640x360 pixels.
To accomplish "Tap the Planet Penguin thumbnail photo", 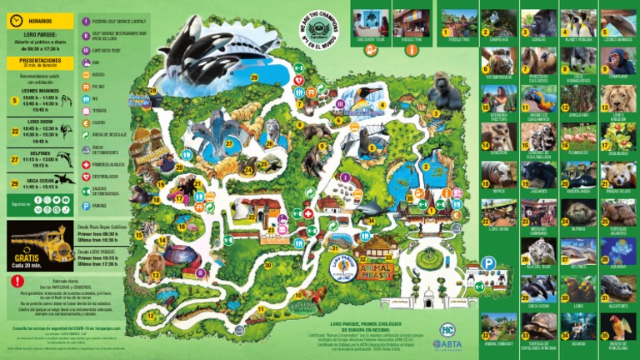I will [x=579, y=23].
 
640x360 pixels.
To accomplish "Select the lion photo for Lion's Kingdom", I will [x=617, y=98].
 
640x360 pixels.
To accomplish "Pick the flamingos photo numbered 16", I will [x=579, y=137].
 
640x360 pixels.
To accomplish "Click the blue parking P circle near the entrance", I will [x=488, y=263].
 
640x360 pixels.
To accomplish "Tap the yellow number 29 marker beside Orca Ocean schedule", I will [x=14, y=182].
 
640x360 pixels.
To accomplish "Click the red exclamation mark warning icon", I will [x=17, y=281].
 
